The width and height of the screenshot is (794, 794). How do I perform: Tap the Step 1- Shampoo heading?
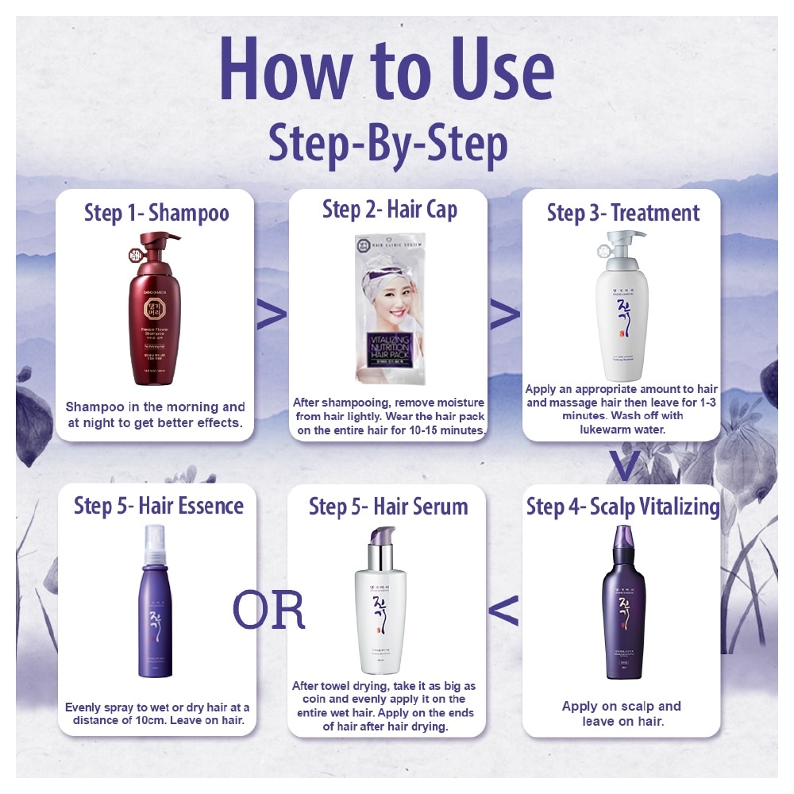pyautogui.click(x=156, y=213)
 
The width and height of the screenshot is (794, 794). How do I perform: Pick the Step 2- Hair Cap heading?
pyautogui.click(x=389, y=210)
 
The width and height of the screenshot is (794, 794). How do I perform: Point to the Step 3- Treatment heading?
pyautogui.click(x=623, y=213)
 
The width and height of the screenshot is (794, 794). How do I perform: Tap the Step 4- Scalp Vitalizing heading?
pyautogui.click(x=623, y=507)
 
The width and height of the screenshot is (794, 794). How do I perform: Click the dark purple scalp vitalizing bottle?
pyautogui.click(x=624, y=603)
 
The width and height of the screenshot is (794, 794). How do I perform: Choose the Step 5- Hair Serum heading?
pyautogui.click(x=388, y=507)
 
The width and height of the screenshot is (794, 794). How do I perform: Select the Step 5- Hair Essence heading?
pyautogui.click(x=159, y=507)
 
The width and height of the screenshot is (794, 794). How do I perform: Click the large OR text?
pyautogui.click(x=268, y=610)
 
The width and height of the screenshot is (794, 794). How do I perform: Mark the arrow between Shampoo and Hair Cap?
pyautogui.click(x=271, y=315)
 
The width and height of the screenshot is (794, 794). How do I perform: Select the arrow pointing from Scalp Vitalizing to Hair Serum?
pyautogui.click(x=503, y=611)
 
